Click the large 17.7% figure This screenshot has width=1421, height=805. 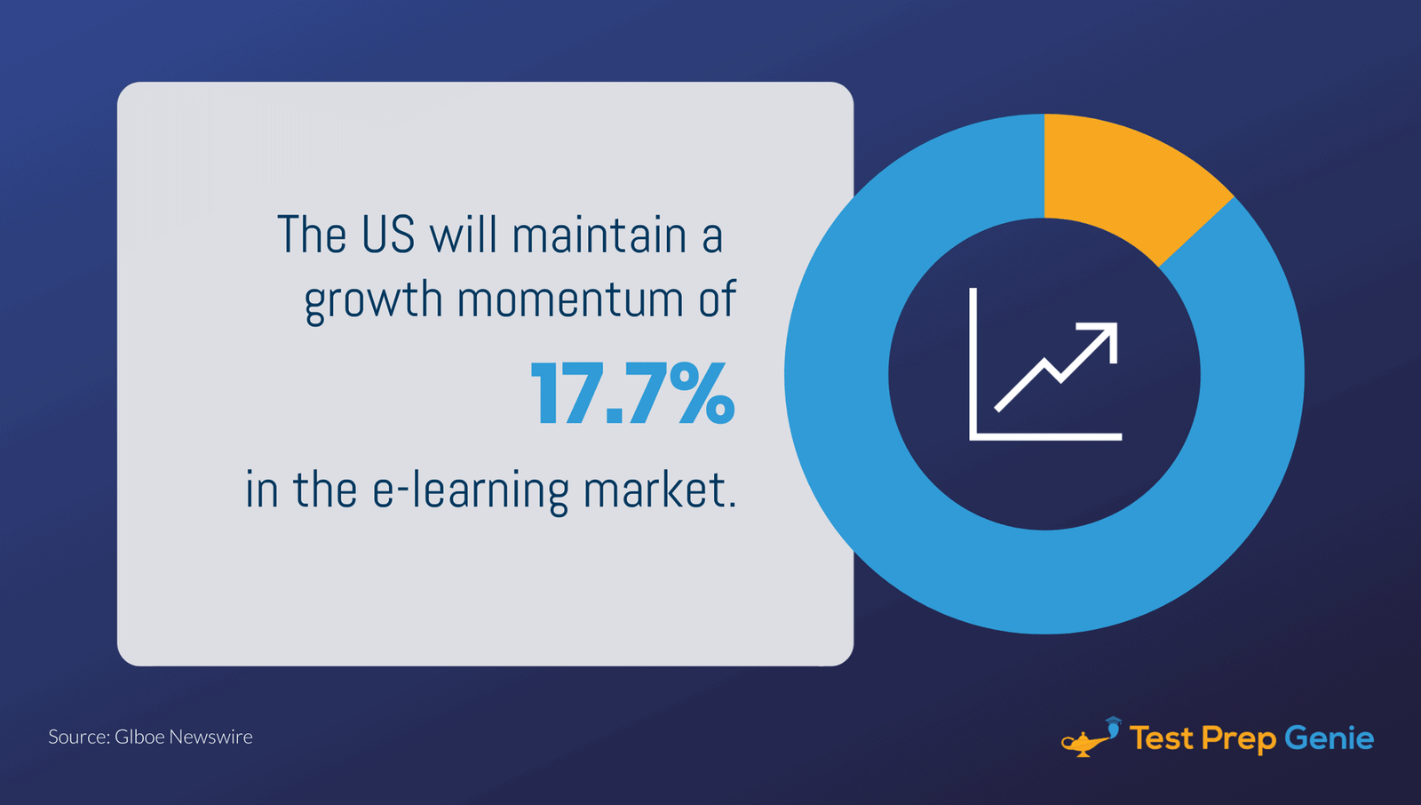(x=632, y=394)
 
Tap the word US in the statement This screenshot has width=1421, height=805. (x=388, y=235)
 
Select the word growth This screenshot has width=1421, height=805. (x=373, y=300)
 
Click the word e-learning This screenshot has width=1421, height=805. (x=470, y=490)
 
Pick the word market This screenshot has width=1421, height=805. (x=659, y=490)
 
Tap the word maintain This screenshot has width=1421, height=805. (x=599, y=235)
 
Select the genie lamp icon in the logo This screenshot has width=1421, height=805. (x=1085, y=741)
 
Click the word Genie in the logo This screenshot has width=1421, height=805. (x=1329, y=738)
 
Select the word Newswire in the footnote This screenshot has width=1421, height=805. (x=210, y=737)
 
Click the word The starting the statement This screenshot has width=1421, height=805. (x=311, y=235)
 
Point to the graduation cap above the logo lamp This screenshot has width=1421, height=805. (x=1113, y=721)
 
